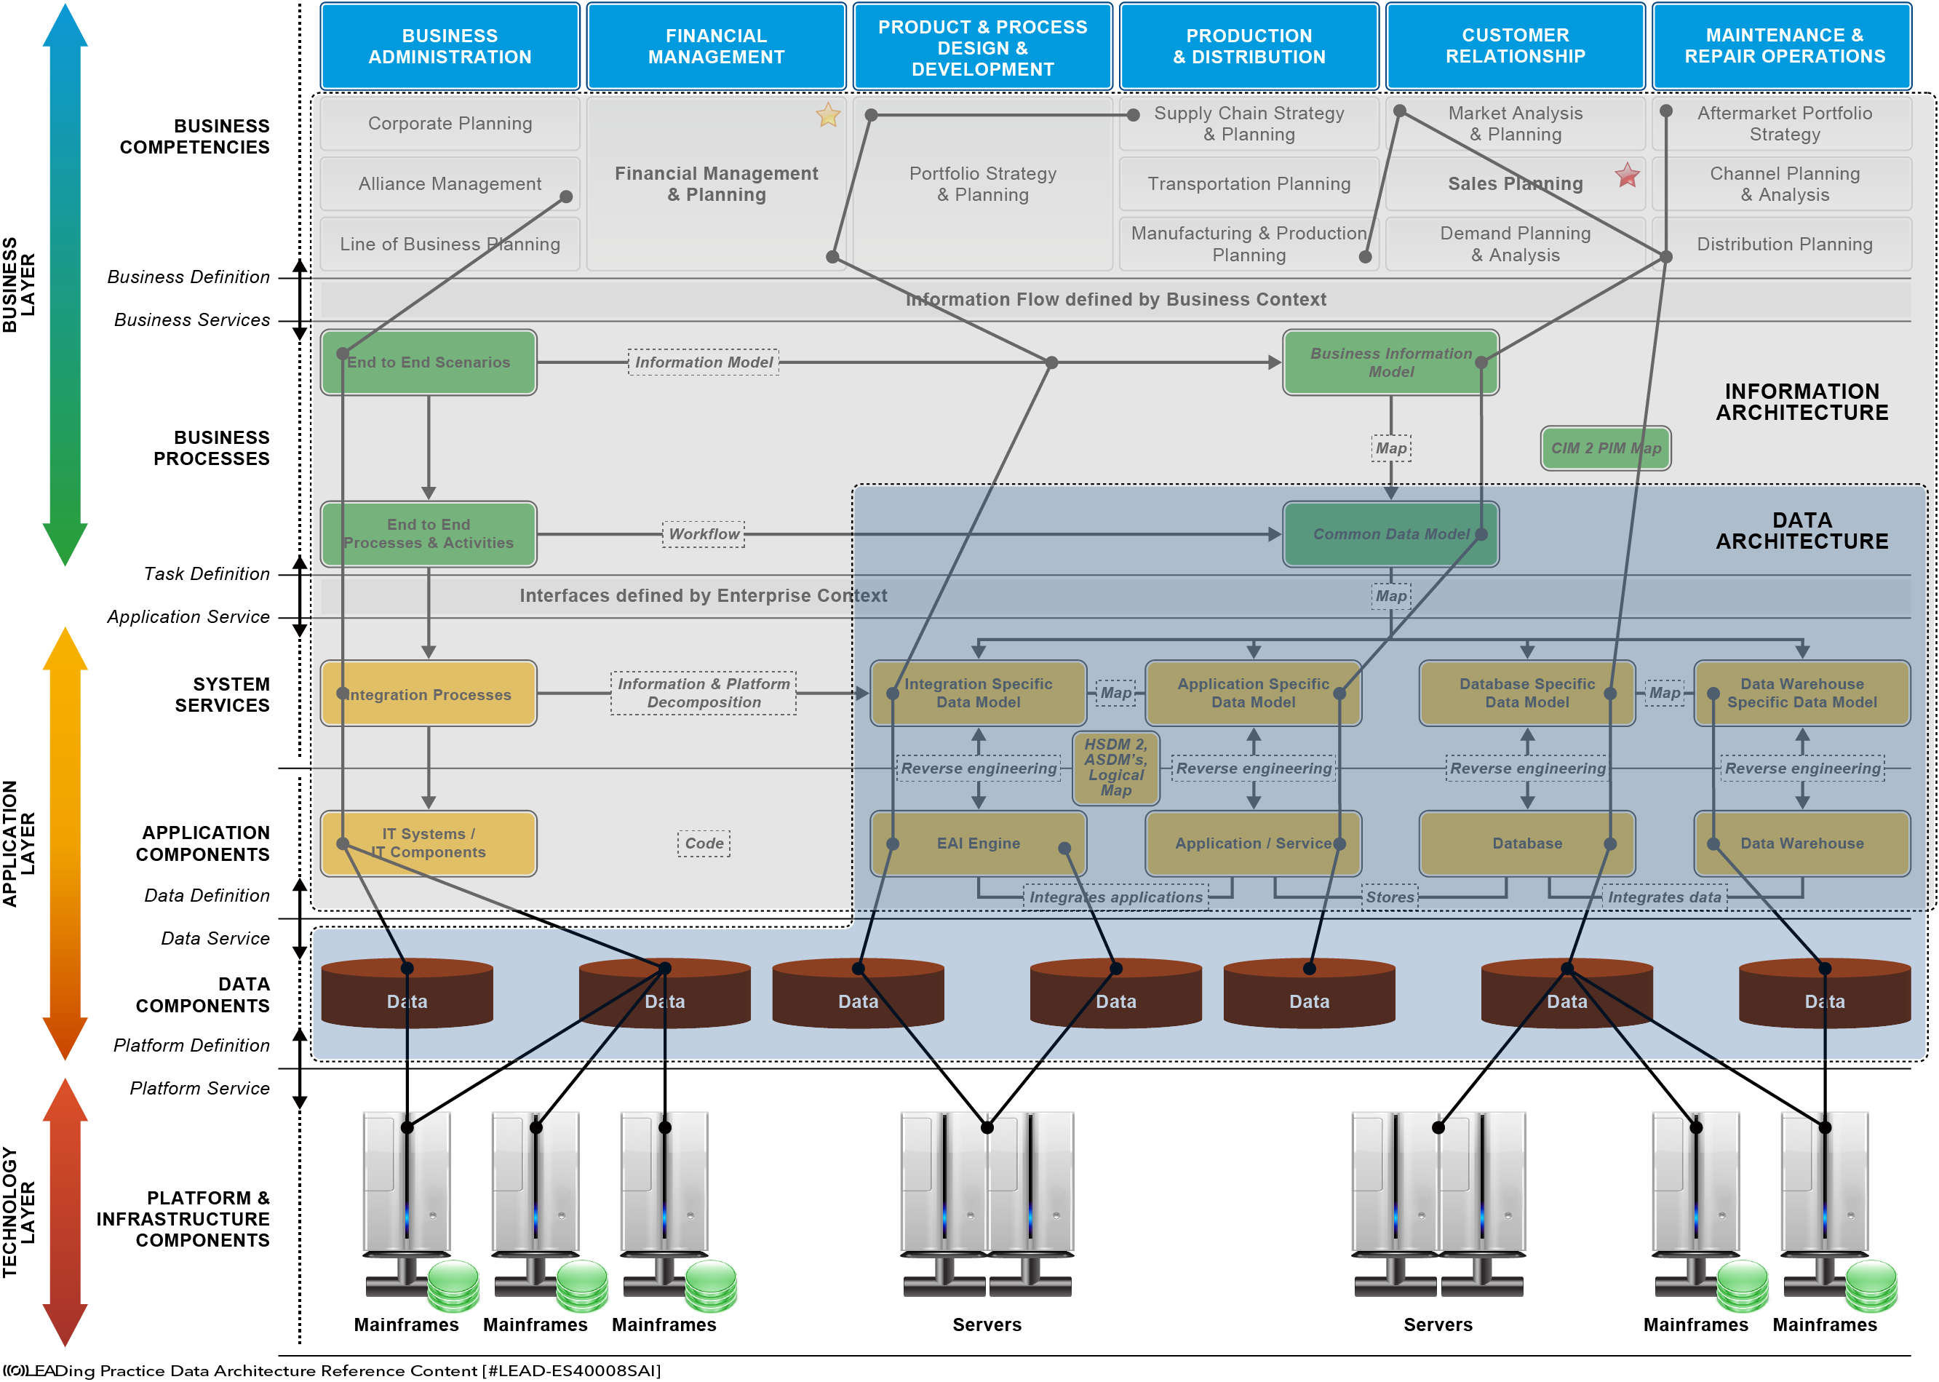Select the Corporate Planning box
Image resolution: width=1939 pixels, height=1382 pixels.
pyautogui.click(x=450, y=124)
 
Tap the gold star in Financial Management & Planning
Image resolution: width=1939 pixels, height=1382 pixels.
pyautogui.click(x=828, y=114)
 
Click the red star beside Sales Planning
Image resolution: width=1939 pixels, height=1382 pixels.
pyautogui.click(x=1627, y=175)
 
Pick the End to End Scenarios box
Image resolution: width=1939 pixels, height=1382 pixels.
pyautogui.click(x=429, y=362)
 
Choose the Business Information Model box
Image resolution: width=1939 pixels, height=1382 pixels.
pyautogui.click(x=1390, y=362)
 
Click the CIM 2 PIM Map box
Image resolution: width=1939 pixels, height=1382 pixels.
pyautogui.click(x=1606, y=448)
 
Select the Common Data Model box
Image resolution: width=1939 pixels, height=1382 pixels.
pyautogui.click(x=1390, y=533)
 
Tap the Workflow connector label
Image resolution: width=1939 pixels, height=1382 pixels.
pyautogui.click(x=704, y=533)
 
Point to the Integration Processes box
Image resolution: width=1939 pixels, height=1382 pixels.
pyautogui.click(x=429, y=694)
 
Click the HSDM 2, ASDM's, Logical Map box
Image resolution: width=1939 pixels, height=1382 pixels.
pyautogui.click(x=1115, y=768)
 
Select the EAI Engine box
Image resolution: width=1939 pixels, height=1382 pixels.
pyautogui.click(x=979, y=843)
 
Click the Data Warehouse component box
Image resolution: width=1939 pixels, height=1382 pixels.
pyautogui.click(x=1802, y=843)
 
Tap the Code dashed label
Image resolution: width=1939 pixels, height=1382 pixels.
pyautogui.click(x=704, y=843)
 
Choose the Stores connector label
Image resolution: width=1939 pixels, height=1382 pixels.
pyautogui.click(x=1390, y=897)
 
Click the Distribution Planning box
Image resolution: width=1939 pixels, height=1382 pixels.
pyautogui.click(x=1784, y=245)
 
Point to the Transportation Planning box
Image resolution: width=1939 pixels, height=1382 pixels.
pyautogui.click(x=1249, y=184)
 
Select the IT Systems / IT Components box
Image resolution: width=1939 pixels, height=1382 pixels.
pyautogui.click(x=429, y=843)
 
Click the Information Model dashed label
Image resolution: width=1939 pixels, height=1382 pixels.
pyautogui.click(x=704, y=362)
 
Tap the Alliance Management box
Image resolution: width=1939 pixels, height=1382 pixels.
pyautogui.click(x=450, y=184)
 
